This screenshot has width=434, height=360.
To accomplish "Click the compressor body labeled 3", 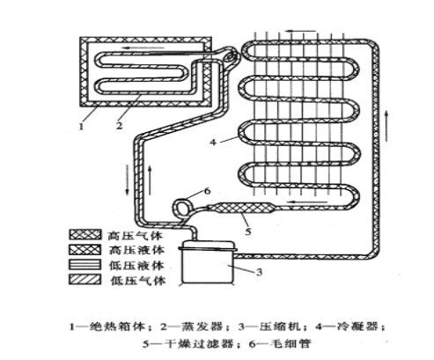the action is [208, 261].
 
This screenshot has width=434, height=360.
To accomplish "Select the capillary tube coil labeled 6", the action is [181, 208].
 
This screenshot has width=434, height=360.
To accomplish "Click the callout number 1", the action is [81, 127].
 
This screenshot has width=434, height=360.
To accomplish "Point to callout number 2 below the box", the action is [119, 126].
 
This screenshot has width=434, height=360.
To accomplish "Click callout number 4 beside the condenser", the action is [213, 143].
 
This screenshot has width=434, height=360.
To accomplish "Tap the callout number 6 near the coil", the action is [207, 191].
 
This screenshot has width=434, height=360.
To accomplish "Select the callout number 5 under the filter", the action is [248, 231].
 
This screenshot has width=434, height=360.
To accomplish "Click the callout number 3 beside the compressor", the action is [259, 272].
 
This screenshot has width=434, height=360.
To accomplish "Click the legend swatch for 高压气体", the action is [85, 234].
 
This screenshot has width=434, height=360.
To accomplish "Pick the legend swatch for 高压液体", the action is [85, 249].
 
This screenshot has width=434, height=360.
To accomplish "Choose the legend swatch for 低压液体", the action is [85, 265].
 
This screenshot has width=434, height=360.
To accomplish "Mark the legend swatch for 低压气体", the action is [85, 280].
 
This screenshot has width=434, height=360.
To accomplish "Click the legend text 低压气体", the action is [137, 281].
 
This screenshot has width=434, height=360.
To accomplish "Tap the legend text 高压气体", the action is [135, 236].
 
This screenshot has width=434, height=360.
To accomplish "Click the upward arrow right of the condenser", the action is [387, 127].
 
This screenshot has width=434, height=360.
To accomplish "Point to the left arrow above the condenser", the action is [301, 31].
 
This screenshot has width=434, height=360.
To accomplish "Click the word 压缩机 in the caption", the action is [280, 327].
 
